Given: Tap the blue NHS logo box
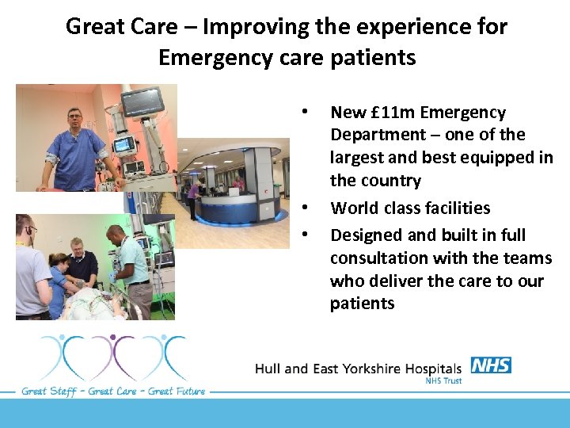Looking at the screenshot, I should (491, 365).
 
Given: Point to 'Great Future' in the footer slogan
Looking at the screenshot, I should (172, 391).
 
